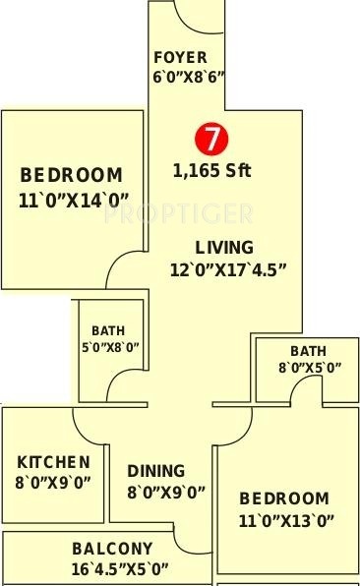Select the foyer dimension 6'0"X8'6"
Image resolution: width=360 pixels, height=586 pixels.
click(188, 76)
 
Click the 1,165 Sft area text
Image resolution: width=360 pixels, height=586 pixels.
click(211, 170)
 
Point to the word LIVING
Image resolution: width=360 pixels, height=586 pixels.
click(223, 247)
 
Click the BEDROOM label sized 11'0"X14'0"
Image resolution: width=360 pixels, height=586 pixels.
click(72, 176)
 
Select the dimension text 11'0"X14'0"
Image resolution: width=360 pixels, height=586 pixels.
click(73, 200)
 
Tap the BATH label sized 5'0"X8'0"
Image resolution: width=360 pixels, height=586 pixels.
click(108, 331)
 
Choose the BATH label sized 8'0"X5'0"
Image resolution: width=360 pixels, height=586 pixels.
click(308, 351)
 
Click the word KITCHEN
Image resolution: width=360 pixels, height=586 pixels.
click(54, 462)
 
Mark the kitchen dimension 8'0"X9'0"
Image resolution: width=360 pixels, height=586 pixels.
click(54, 482)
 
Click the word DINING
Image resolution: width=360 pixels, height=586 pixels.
click(155, 471)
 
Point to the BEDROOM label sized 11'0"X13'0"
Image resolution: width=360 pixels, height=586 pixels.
click(283, 498)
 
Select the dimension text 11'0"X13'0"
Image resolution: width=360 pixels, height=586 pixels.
click(285, 521)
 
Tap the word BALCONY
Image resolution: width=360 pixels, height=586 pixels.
click(112, 549)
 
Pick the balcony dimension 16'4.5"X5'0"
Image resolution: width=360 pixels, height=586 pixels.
click(120, 568)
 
